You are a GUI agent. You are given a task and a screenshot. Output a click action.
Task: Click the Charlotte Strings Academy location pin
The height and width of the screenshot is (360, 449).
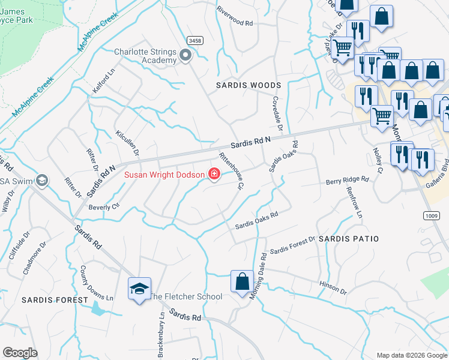tap(185, 56)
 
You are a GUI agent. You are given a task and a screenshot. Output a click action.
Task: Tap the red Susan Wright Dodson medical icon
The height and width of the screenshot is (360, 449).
tap(214, 175)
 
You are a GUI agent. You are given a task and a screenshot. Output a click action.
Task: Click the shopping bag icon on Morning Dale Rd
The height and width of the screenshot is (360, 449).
tap(241, 281)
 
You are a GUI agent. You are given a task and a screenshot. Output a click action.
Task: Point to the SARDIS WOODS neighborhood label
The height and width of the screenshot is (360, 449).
tap(249, 86)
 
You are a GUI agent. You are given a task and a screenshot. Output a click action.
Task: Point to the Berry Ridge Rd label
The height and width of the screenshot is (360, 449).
tap(347, 180)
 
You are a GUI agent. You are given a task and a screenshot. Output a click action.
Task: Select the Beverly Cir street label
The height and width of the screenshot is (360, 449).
tap(104, 207)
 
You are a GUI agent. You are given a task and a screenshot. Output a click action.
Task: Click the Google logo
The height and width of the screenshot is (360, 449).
tap(20, 353)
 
